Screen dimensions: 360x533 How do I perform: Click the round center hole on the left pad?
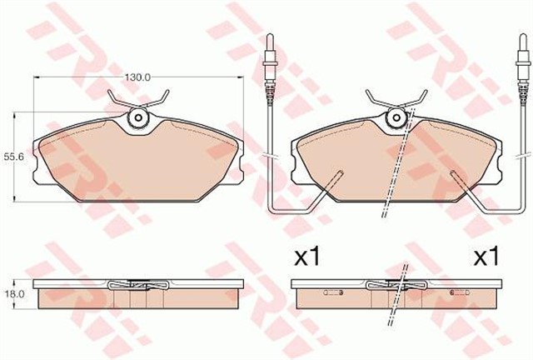tap(137, 122)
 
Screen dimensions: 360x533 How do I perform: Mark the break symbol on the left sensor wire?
tap(271, 155)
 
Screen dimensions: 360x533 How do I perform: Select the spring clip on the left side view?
tap(137, 285)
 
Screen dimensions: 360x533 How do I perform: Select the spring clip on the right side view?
tap(391, 285)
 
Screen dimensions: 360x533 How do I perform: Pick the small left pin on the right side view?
tap(334, 292)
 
